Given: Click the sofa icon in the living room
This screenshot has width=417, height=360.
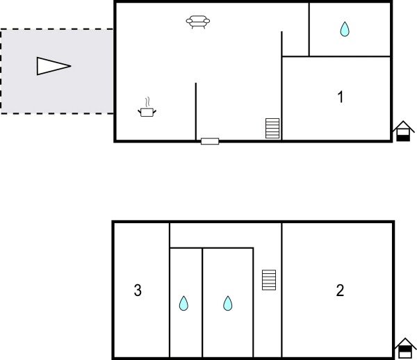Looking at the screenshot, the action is [x=198, y=22].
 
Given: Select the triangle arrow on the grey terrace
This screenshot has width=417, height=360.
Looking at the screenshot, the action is [x=54, y=66].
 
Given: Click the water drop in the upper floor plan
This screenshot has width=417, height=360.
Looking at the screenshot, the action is [x=345, y=29].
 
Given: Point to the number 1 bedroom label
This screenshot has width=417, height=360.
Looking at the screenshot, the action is [x=341, y=97].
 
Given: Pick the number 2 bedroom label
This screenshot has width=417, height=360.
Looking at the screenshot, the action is [x=340, y=290].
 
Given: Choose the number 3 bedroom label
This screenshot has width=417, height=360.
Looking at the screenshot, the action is [x=138, y=290].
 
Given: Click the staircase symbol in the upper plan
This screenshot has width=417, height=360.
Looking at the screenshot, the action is [x=272, y=129].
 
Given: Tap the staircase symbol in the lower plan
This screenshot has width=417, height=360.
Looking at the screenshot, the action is [x=269, y=280].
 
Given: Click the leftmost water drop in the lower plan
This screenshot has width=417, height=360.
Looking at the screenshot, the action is [x=183, y=303].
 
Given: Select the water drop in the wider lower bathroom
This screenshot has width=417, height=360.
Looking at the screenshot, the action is [x=228, y=303].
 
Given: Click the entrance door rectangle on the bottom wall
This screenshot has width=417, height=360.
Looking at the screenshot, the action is [x=210, y=141].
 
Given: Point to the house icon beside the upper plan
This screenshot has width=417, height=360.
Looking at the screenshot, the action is [x=403, y=131].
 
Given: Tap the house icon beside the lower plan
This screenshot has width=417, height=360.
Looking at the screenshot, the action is [x=405, y=348].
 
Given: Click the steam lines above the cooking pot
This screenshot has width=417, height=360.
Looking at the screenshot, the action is [x=147, y=102].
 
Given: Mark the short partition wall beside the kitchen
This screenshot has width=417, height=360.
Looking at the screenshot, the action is [x=196, y=111].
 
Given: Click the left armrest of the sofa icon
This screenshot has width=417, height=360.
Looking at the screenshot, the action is [x=189, y=21].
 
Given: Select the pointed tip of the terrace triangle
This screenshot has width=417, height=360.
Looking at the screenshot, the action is [x=71, y=66].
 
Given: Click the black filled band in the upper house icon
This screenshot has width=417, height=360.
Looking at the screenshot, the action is [x=403, y=138].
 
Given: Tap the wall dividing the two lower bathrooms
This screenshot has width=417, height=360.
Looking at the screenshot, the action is [x=202, y=303].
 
